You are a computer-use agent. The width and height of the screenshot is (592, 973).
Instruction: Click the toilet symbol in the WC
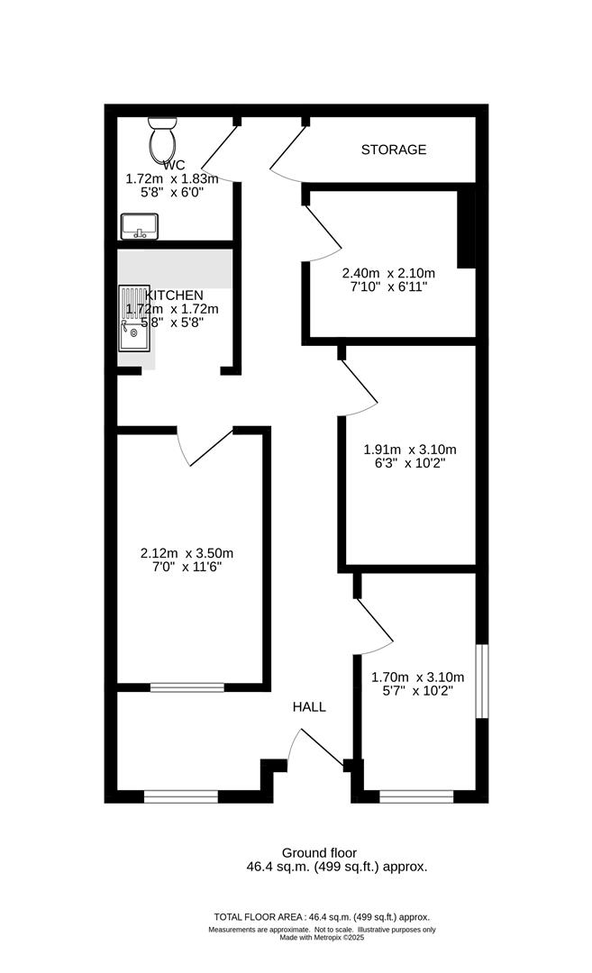tap(163, 139)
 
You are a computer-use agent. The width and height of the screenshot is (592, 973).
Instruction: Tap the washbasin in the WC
tap(139, 226)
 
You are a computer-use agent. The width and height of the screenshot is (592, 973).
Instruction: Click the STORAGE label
tap(394, 150)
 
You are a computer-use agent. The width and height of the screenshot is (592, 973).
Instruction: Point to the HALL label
tap(309, 707)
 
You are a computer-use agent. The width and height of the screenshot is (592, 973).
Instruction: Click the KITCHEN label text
tap(174, 296)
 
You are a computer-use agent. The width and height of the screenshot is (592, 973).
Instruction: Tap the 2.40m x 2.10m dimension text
tap(388, 274)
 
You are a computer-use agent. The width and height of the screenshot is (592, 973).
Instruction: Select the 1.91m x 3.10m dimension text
tap(410, 450)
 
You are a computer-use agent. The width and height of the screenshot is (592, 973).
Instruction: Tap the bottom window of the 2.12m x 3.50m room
tap(187, 687)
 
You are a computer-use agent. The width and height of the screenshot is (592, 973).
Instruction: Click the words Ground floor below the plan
tap(319, 852)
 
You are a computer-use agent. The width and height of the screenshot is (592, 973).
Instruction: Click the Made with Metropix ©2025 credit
tap(322, 937)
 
